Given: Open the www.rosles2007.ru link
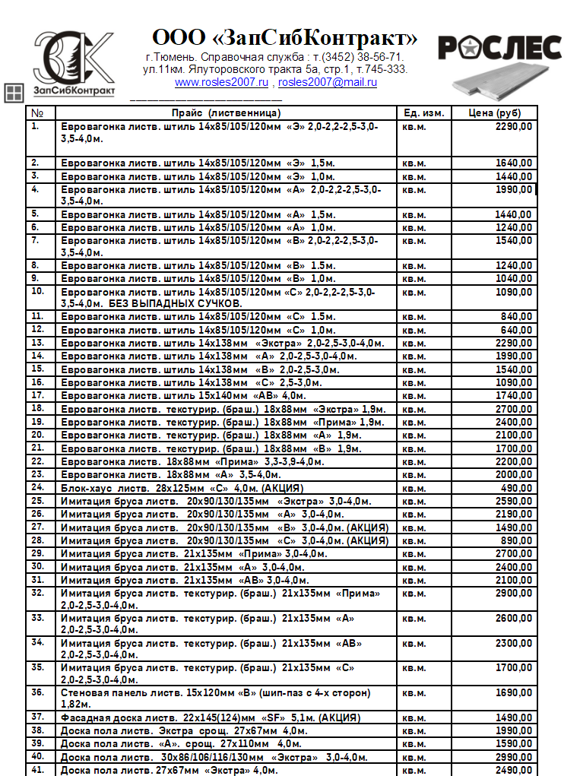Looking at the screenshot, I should (x=221, y=82).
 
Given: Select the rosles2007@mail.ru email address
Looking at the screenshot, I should (x=328, y=82).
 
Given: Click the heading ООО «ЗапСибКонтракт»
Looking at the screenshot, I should (x=285, y=38).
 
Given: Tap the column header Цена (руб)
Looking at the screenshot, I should (x=496, y=113).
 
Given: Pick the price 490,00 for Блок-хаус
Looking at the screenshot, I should (x=516, y=488).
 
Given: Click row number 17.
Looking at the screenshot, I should (x=37, y=396).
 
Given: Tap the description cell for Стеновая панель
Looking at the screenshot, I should (x=215, y=698).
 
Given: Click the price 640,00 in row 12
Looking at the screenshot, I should (x=516, y=331).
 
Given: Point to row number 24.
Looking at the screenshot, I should (x=37, y=487).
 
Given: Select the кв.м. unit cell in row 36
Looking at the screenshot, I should (x=414, y=693).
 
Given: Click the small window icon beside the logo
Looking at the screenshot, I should (x=14, y=93).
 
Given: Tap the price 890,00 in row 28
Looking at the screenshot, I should (x=516, y=540).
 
